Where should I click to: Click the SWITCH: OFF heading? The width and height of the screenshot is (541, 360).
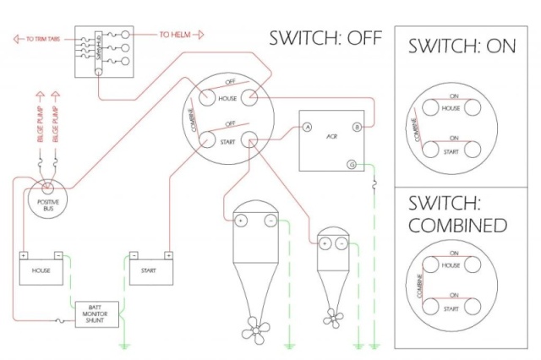[325, 38]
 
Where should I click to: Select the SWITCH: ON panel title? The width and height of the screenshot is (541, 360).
[462, 46]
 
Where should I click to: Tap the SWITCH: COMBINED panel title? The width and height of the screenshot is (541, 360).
[457, 215]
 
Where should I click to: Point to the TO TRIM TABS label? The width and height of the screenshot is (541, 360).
[40, 38]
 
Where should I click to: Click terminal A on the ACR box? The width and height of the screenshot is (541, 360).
[307, 127]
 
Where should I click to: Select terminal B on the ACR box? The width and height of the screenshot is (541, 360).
[357, 127]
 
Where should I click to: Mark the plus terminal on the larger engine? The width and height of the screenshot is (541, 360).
[240, 221]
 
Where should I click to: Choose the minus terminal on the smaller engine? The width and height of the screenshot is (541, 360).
[340, 243]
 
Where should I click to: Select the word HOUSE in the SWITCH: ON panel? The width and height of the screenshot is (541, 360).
[451, 109]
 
